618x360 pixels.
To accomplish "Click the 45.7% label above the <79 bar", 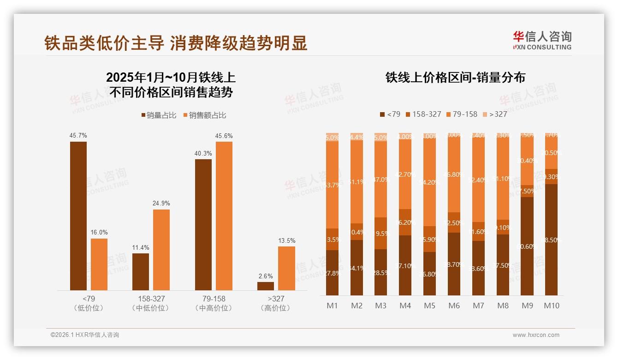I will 78,136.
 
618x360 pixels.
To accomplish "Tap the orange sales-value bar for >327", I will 286,268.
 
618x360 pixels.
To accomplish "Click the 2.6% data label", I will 266,276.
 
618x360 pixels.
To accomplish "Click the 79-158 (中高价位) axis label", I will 214,303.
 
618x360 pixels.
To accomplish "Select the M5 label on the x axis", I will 429,306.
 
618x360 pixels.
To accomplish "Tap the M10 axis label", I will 551,306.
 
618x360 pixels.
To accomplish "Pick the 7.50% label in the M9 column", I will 527,191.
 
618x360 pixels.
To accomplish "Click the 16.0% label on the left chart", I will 99,233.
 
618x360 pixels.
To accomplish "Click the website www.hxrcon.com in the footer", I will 535,335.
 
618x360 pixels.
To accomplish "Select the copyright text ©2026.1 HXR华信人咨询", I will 85,335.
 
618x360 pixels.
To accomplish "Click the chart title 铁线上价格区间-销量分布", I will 455,78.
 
